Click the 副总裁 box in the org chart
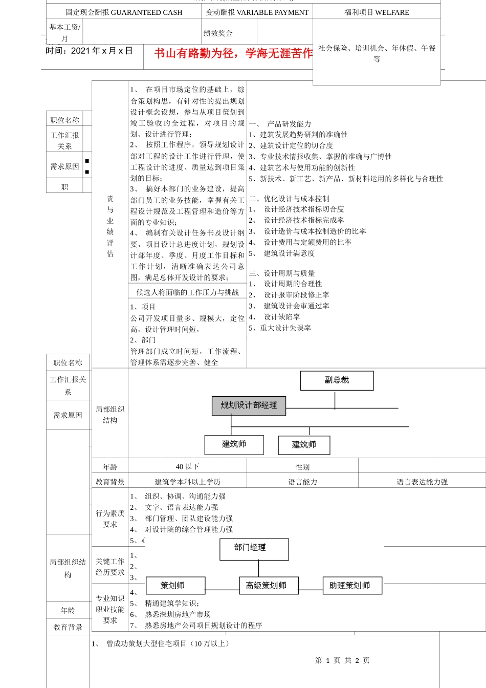(337, 380)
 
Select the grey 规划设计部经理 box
(249, 405)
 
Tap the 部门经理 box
(254, 548)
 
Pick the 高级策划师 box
(269, 586)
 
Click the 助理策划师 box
(352, 586)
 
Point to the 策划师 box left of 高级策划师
(175, 586)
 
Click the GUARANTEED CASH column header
(124, 12)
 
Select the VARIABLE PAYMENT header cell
(257, 12)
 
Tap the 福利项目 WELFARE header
(377, 12)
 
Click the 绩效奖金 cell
(218, 33)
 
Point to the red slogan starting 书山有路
(233, 54)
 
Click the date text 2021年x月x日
(89, 51)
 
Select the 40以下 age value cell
(187, 467)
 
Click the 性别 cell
(302, 467)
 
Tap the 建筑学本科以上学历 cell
(187, 482)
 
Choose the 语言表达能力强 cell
(422, 482)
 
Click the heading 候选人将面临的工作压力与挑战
(187, 292)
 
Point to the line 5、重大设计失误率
(280, 328)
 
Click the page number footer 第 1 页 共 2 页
(342, 660)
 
